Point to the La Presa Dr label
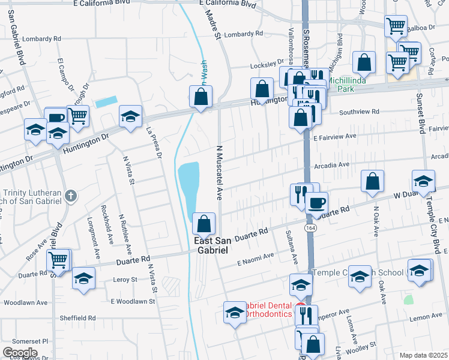pyautogui.click(x=154, y=143)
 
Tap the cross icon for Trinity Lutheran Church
pyautogui.click(x=70, y=196)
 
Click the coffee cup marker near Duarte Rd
pyautogui.click(x=316, y=202)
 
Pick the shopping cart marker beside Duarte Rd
pyautogui.click(x=58, y=259)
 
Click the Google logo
pyautogui.click(x=20, y=352)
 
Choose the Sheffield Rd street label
pyautogui.click(x=77, y=318)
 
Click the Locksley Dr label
pyautogui.click(x=267, y=62)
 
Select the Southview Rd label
pyautogui.click(x=359, y=112)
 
